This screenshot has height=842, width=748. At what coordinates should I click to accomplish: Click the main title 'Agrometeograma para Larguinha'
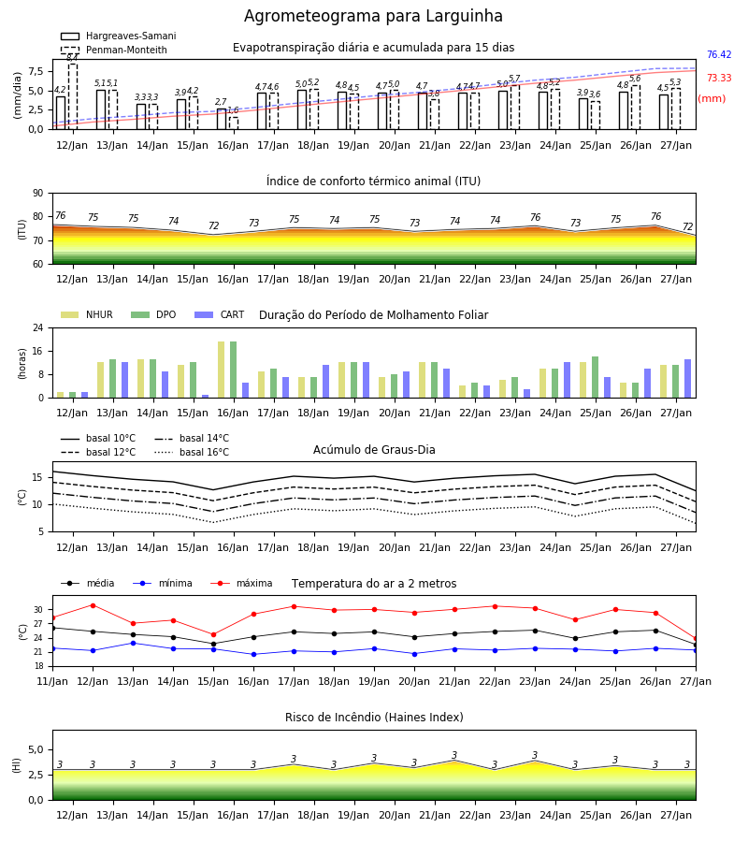373,16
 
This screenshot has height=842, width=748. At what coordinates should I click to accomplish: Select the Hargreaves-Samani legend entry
119,36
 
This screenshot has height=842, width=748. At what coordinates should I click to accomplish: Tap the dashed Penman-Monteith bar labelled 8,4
73,96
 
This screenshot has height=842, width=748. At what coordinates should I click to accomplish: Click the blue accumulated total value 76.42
719,55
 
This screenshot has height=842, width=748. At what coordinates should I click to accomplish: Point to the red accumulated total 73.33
719,78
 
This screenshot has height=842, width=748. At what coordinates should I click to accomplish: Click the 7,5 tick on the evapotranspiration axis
36,71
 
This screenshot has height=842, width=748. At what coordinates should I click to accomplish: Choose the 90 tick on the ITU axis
37,194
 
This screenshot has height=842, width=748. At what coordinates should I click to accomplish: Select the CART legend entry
220,314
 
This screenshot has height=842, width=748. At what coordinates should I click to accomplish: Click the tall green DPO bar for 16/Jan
234,370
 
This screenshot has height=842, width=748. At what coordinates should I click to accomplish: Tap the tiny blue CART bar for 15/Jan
205,397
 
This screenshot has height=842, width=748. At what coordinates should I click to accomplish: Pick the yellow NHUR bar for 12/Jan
61,395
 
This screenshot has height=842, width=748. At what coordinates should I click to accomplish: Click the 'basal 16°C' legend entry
192,452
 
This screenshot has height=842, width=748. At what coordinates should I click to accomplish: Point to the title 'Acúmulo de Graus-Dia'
374,450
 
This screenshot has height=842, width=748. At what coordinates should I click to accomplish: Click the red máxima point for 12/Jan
93,605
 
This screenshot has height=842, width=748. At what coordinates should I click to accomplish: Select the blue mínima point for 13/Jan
133,643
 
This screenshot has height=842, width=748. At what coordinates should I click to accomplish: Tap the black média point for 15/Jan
213,644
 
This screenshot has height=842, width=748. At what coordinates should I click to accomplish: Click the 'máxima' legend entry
241,583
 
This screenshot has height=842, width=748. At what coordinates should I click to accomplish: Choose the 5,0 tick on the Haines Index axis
36,749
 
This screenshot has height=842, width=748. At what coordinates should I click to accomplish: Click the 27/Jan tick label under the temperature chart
696,681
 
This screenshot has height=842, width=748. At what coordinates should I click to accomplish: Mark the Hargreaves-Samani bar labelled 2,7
222,119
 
